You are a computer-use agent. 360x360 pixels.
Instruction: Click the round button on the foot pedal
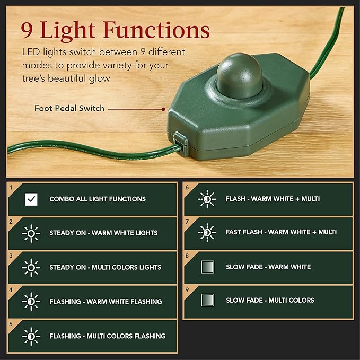239,74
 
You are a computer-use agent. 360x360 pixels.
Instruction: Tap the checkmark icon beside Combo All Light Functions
31,199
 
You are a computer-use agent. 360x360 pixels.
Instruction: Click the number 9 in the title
28,30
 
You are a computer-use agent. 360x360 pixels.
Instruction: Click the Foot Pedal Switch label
69,108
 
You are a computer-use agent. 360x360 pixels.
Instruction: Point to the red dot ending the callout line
164,108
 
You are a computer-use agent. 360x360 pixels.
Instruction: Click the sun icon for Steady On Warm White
31,233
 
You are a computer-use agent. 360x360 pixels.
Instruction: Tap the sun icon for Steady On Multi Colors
31,267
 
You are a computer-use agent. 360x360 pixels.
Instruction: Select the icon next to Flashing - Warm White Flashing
31,302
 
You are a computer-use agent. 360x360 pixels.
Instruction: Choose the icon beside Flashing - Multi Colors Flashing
31,336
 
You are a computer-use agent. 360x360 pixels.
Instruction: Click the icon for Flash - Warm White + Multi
207,199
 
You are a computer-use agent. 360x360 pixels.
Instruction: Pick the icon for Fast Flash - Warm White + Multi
207,232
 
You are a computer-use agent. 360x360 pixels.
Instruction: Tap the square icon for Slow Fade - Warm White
207,267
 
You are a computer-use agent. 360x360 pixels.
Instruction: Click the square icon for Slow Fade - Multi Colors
207,300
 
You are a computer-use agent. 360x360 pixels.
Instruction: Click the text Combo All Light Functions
98,199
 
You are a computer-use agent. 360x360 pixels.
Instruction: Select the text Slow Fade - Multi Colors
270,300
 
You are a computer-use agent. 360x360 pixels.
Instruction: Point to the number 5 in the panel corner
11,323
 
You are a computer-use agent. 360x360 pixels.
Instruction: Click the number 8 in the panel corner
187,255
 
